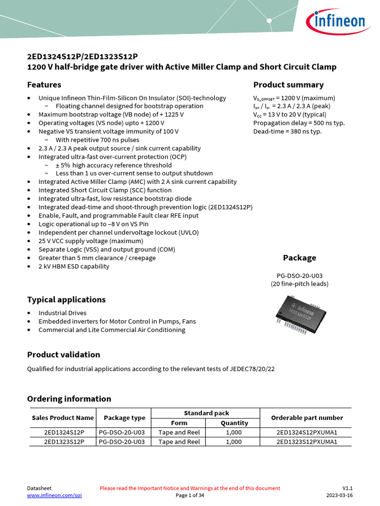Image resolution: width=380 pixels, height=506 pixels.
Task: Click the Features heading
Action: (44, 84)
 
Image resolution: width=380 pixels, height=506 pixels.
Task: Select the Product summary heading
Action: (288, 84)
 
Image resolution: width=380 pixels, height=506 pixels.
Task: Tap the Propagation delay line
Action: (299, 123)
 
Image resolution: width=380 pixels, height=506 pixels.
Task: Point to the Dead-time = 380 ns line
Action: (287, 131)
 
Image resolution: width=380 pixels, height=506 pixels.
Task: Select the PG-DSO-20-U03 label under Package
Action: (299, 275)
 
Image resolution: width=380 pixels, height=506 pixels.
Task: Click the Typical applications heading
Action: (66, 299)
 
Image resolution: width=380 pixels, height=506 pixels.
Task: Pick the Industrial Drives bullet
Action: (62, 313)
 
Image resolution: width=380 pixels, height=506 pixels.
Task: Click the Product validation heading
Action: (63, 354)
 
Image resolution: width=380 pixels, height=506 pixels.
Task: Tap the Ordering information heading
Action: (69, 399)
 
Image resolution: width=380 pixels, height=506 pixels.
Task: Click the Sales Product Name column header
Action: (62, 418)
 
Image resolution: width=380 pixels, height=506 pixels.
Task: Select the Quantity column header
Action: (234, 423)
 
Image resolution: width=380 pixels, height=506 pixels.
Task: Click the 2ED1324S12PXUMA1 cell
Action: (306, 432)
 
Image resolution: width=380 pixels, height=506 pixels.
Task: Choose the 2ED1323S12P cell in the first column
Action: (64, 442)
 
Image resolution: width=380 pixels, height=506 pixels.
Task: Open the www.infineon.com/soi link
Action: (54, 496)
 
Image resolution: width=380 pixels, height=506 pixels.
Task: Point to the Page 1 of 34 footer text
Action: (190, 496)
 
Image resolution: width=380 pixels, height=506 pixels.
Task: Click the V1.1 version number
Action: (347, 488)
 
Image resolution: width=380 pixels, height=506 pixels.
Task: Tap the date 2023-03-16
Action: (339, 496)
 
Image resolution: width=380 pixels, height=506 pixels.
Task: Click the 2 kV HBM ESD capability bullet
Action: (74, 266)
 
